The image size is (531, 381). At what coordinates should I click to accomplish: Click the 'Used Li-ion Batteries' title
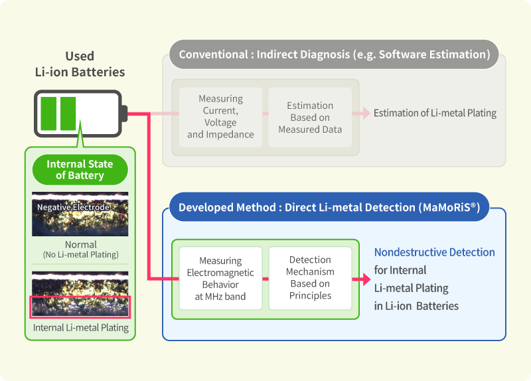click(x=80, y=64)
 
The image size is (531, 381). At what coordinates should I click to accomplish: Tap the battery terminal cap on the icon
click(x=124, y=114)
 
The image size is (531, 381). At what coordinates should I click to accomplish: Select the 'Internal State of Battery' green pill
click(x=80, y=170)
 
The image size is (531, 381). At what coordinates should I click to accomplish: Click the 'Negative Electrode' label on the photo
click(x=73, y=207)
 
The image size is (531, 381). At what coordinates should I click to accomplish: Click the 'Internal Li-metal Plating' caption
click(x=80, y=327)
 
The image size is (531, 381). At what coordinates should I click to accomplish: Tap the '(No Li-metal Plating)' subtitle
click(x=80, y=255)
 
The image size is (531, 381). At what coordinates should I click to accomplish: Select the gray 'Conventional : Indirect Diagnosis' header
click(x=334, y=54)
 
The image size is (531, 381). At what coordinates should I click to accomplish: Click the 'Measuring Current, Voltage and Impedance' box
click(x=220, y=117)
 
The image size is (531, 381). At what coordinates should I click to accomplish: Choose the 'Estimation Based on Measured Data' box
click(x=310, y=117)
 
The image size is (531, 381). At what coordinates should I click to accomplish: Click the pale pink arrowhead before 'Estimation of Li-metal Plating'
click(x=366, y=113)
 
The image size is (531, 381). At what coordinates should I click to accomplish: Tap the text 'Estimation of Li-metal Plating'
click(x=435, y=113)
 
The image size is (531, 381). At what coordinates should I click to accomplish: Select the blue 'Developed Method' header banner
click(x=329, y=207)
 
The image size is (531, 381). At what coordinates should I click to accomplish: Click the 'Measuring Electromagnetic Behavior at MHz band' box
click(x=220, y=278)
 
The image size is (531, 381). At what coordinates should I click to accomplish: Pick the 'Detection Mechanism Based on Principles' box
click(x=310, y=277)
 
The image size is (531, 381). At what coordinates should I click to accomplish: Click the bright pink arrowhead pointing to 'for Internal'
click(x=366, y=279)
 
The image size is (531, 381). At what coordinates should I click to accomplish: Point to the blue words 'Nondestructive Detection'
click(x=435, y=252)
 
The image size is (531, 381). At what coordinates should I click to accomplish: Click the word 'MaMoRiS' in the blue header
click(x=449, y=207)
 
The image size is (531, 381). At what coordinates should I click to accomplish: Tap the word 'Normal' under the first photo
click(x=80, y=244)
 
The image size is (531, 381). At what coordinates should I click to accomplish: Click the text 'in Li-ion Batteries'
click(x=416, y=306)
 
